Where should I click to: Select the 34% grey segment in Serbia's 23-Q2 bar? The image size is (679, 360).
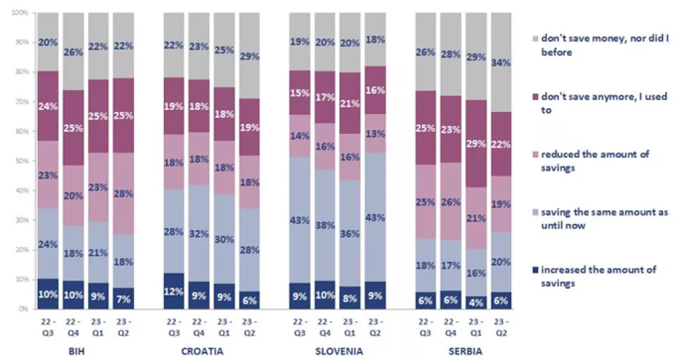click(501, 62)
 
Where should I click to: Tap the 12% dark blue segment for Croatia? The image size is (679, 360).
click(174, 291)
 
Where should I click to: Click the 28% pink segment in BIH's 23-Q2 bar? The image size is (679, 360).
click(123, 194)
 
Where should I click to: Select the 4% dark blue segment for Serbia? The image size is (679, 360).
click(475, 302)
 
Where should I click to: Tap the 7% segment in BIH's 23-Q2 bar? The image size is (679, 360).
click(123, 298)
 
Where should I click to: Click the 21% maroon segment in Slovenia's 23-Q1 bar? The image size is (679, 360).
click(349, 103)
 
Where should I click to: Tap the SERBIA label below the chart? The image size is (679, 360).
click(463, 351)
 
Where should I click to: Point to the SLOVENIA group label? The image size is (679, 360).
click(338, 351)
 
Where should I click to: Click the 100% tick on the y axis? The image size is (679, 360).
click(19, 13)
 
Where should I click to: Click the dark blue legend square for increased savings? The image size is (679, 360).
click(534, 270)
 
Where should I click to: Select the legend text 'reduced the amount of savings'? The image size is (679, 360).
click(595, 160)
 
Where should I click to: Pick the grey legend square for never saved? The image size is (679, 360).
click(534, 39)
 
